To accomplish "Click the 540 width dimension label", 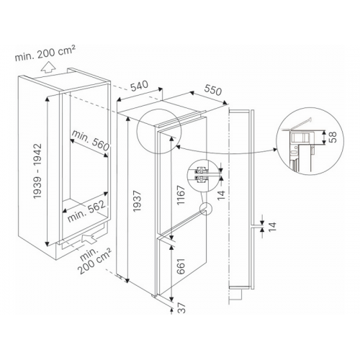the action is coord(140,86).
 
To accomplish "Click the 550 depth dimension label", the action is coord(212,90).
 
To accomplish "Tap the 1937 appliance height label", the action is coord(137,201).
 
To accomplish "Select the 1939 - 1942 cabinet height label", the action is coord(37,171).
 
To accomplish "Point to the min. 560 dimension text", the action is coord(91,141).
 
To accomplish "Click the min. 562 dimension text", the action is coord(86,211).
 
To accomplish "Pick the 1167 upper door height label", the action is coord(181,195).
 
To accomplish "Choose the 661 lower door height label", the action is coord(181,266).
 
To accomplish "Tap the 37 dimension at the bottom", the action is coord(181,307).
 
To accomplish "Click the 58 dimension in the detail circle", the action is coord(333,137).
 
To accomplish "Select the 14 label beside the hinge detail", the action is coord(221,195).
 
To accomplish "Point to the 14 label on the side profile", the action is coord(272,227).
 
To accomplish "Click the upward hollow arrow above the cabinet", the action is coord(48,67).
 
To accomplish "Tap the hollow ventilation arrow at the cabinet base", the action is coord(89,239).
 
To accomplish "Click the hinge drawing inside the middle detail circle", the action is coord(202,174).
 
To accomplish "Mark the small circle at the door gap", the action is coord(206,209).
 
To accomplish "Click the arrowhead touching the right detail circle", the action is coord(275,150).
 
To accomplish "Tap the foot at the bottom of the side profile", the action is coord(235,295).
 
